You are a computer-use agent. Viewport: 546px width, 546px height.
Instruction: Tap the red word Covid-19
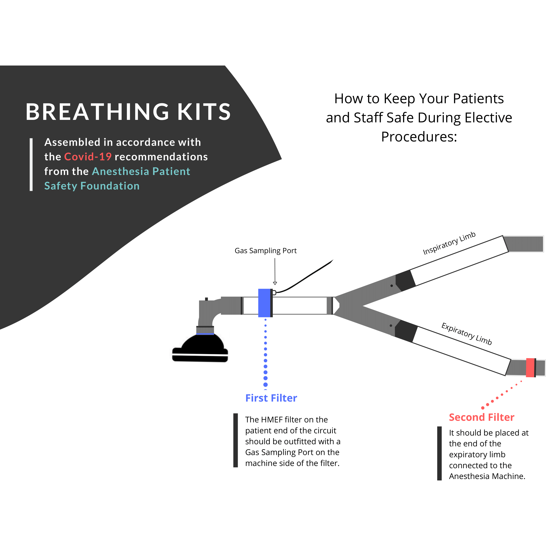pos(88,157)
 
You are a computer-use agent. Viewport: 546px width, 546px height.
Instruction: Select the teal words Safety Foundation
pos(92,186)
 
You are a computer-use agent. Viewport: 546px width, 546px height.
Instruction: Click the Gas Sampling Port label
pos(265,251)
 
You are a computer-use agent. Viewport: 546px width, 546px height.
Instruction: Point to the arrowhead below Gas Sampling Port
pos(275,283)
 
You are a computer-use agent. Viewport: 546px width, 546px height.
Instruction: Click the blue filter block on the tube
pos(265,303)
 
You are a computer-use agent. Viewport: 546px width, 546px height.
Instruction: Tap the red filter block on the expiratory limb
pos(530,368)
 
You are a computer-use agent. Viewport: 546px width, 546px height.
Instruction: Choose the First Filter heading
pos(271,398)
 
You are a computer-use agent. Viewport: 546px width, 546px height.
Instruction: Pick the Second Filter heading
pos(481,417)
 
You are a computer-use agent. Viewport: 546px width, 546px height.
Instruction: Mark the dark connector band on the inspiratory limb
pos(405,280)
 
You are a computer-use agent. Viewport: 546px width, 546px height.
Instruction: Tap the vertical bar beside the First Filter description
pos(236,440)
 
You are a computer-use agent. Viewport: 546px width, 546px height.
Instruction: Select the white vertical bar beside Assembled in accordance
pos(31,165)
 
